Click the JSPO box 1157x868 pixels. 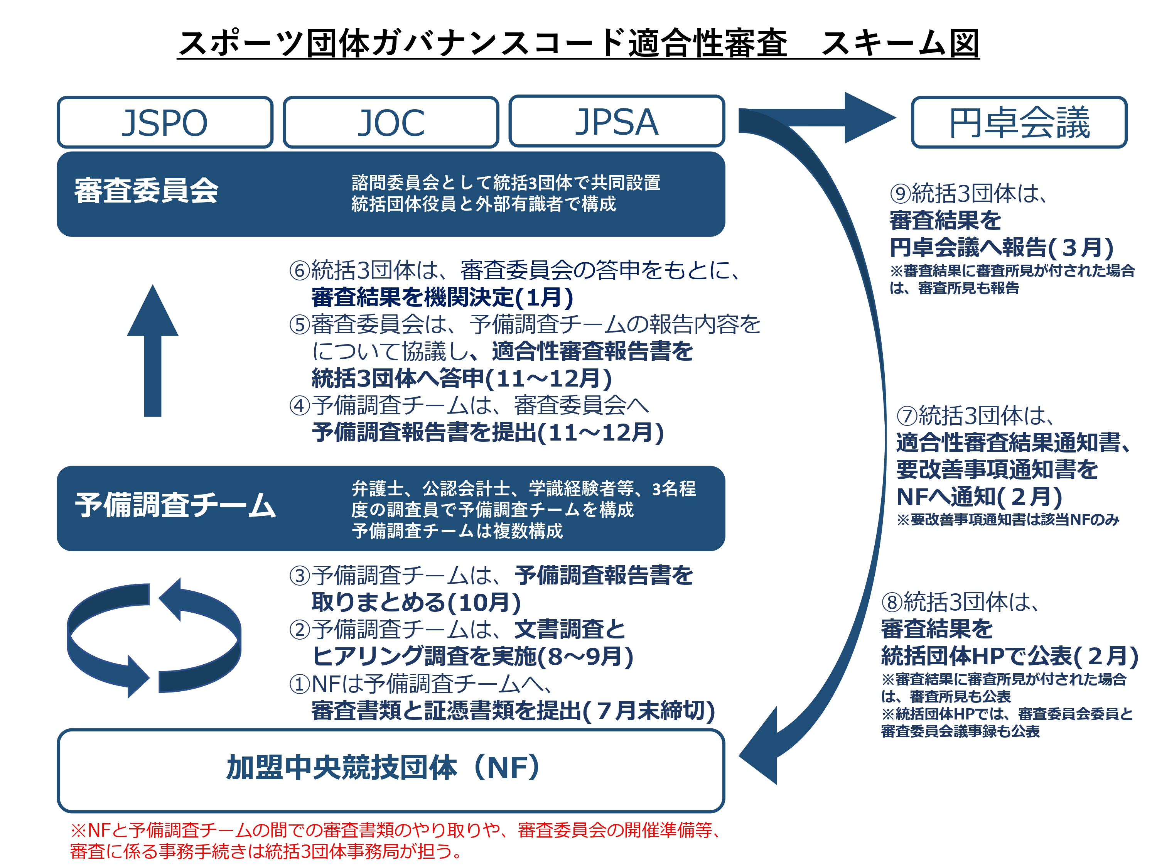pos(165,122)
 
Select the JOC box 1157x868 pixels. pos(391,122)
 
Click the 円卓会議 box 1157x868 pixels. pos(1019,122)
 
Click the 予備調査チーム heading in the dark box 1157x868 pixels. pos(175,505)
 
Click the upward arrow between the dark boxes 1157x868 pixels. pos(153,351)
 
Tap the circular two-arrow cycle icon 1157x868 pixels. pos(154,638)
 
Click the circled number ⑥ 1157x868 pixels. pos(300,270)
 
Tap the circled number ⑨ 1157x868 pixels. pos(901,194)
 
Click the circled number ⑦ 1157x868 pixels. pos(907,416)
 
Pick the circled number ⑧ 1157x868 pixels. pos(892,602)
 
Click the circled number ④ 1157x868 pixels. pos(300,405)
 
